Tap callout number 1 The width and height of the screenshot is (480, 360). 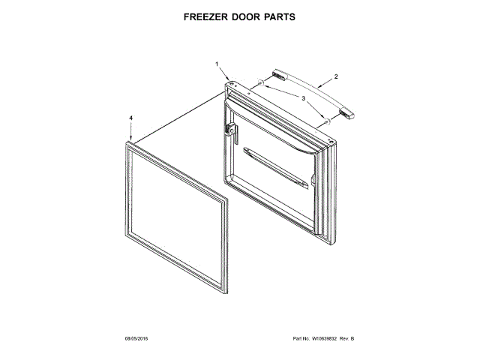pos(217,65)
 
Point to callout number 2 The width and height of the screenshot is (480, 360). pos(336,76)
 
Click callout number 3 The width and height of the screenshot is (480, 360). pos(304,97)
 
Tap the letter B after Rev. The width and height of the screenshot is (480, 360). pos(352,339)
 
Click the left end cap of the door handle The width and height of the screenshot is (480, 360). pos(280,72)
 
